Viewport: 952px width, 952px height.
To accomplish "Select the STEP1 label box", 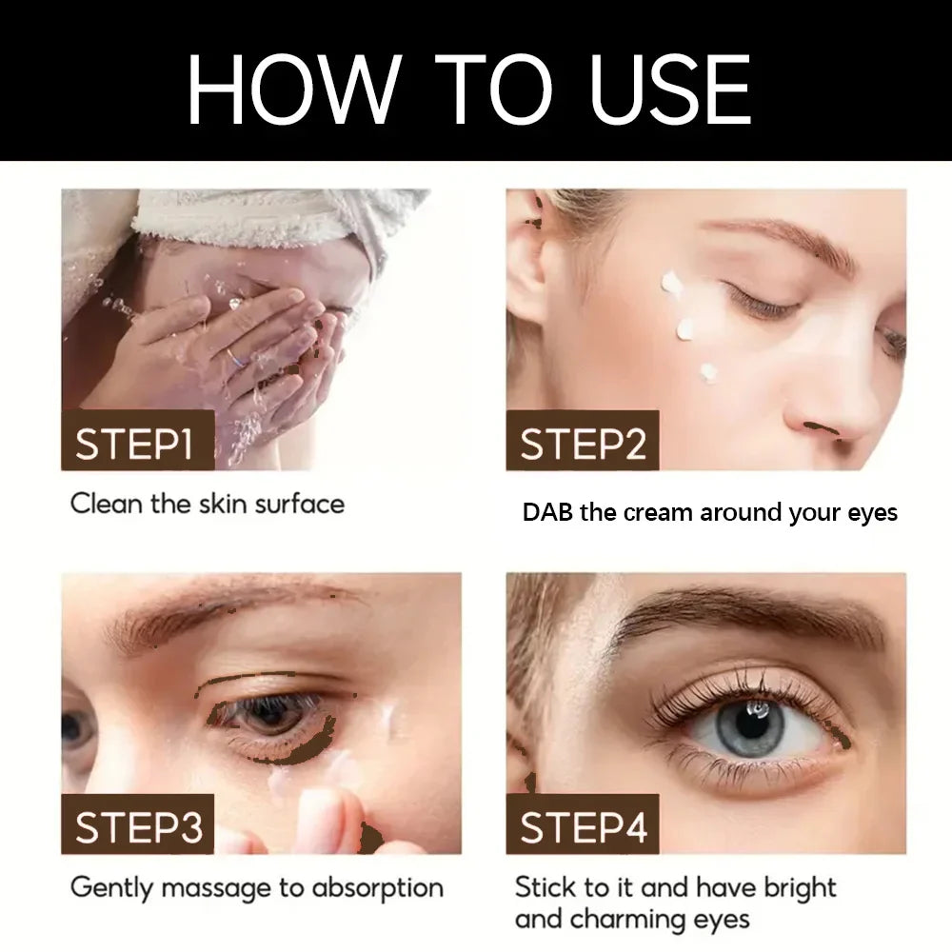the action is (138, 440).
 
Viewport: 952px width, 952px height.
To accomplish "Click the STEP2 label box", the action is (583, 440).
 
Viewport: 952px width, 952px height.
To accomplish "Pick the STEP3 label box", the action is (138, 823).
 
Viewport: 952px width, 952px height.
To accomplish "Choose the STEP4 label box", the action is (583, 823).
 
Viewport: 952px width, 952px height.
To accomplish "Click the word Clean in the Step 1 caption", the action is (107, 504).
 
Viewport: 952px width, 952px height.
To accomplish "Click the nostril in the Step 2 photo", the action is (820, 428).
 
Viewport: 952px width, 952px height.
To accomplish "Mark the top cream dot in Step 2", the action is (671, 284).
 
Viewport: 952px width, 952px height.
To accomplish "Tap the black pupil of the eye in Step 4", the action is (758, 724).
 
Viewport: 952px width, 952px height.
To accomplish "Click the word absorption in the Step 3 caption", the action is (377, 889).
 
